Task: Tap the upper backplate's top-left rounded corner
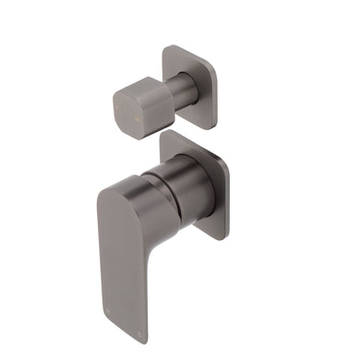[x=168, y=48]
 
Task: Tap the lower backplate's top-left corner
[x=165, y=135]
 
